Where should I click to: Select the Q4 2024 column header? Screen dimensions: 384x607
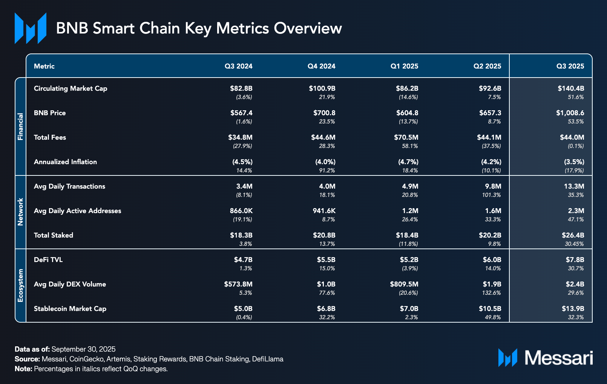pos(321,66)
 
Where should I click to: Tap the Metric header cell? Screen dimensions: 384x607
pos(44,66)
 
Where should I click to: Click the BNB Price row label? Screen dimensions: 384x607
pos(50,113)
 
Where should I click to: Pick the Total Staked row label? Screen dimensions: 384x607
pos(54,235)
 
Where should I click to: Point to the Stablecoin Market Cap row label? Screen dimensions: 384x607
pos(70,309)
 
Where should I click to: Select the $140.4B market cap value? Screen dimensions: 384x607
pos(571,88)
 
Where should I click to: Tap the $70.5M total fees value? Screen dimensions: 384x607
pos(406,137)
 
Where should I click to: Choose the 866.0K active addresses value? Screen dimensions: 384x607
pos(241,211)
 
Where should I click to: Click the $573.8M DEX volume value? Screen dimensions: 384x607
pos(238,284)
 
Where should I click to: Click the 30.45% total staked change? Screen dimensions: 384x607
pos(574,244)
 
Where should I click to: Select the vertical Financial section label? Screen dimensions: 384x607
pos(20,126)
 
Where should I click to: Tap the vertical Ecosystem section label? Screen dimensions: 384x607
pos(20,285)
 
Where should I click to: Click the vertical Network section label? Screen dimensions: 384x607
pos(20,212)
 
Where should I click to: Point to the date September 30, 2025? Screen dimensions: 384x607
pos(83,349)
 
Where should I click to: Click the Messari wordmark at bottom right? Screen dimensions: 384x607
pos(559,358)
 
